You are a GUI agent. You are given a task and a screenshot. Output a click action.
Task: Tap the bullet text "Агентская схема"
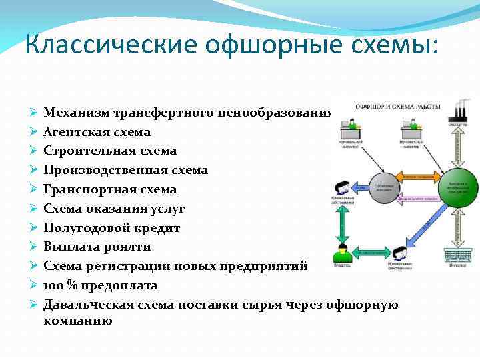97,132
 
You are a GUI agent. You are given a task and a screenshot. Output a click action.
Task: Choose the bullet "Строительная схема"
110,151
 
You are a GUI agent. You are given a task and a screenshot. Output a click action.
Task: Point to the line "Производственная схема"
125,170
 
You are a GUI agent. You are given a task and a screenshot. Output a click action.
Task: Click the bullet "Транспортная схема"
110,189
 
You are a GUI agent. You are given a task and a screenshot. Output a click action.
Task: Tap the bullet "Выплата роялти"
97,247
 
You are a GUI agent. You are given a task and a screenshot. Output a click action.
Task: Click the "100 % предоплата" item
100,285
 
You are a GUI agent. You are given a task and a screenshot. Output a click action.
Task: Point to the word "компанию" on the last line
77,320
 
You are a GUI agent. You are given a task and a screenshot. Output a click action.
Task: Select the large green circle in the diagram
459,186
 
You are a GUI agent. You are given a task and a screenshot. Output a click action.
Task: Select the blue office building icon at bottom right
458,257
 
